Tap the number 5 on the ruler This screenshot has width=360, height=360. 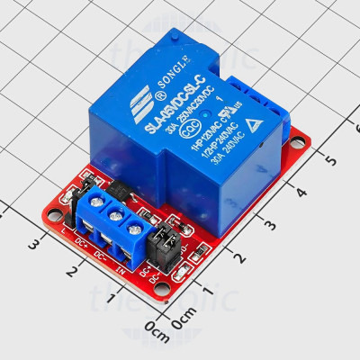point(331,159)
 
